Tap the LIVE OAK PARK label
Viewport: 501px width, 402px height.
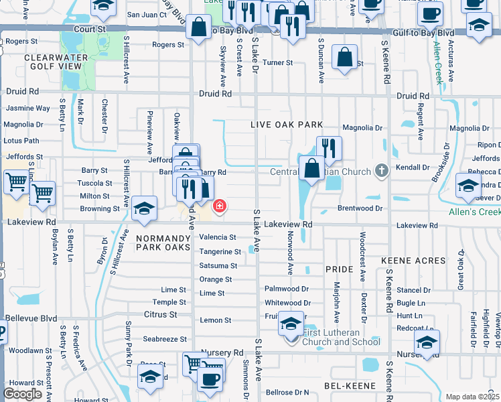click(x=287, y=125)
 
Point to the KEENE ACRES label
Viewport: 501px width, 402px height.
click(x=413, y=260)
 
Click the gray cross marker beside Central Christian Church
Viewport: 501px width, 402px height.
click(x=381, y=170)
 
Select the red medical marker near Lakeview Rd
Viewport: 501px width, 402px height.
click(x=219, y=206)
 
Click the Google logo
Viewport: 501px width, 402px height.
click(x=22, y=394)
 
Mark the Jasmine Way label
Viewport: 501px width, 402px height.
click(x=27, y=108)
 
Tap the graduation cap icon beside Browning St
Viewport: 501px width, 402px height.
click(x=144, y=209)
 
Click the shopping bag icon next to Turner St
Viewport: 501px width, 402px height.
click(x=344, y=58)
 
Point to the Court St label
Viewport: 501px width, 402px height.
click(x=90, y=29)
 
